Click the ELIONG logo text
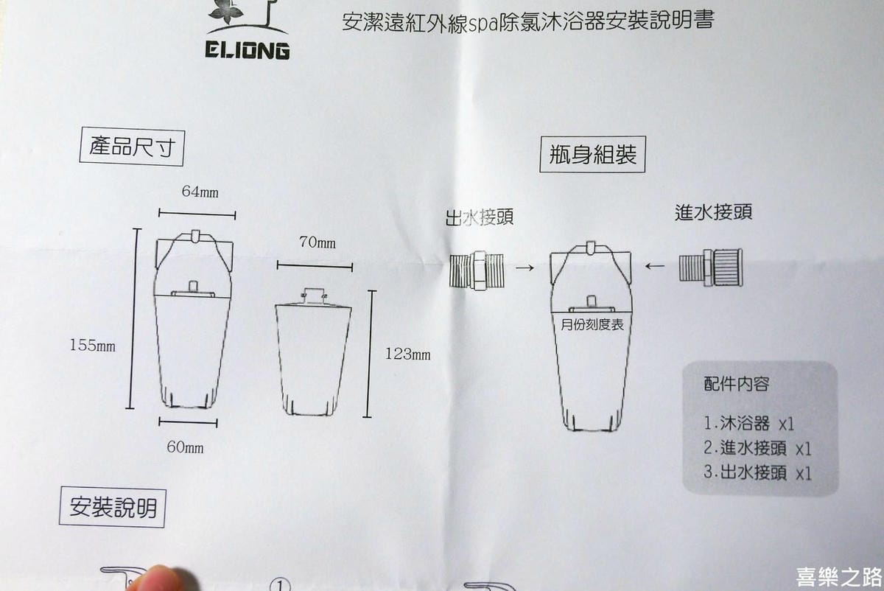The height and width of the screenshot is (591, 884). click(248, 51)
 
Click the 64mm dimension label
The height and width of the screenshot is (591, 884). click(200, 192)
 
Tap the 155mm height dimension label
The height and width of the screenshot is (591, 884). click(93, 346)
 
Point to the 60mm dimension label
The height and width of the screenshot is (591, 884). click(185, 447)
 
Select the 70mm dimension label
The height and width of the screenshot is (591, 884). click(318, 242)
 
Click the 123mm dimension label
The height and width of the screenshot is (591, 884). click(407, 354)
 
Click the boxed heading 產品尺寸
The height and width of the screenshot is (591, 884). click(132, 147)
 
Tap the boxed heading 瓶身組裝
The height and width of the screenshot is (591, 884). click(592, 154)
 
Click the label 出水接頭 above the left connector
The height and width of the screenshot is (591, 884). click(480, 217)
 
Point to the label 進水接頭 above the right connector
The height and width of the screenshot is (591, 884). click(714, 212)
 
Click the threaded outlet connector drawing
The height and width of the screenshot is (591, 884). click(477, 270)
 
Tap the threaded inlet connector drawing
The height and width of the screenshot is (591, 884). click(711, 267)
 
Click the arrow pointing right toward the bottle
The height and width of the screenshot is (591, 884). click(525, 268)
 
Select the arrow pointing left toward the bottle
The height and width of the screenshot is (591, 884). click(655, 267)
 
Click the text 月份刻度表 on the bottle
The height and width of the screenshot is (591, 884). click(592, 325)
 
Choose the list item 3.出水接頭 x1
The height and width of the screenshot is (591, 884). click(757, 472)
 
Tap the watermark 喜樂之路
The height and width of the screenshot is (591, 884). click(839, 577)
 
